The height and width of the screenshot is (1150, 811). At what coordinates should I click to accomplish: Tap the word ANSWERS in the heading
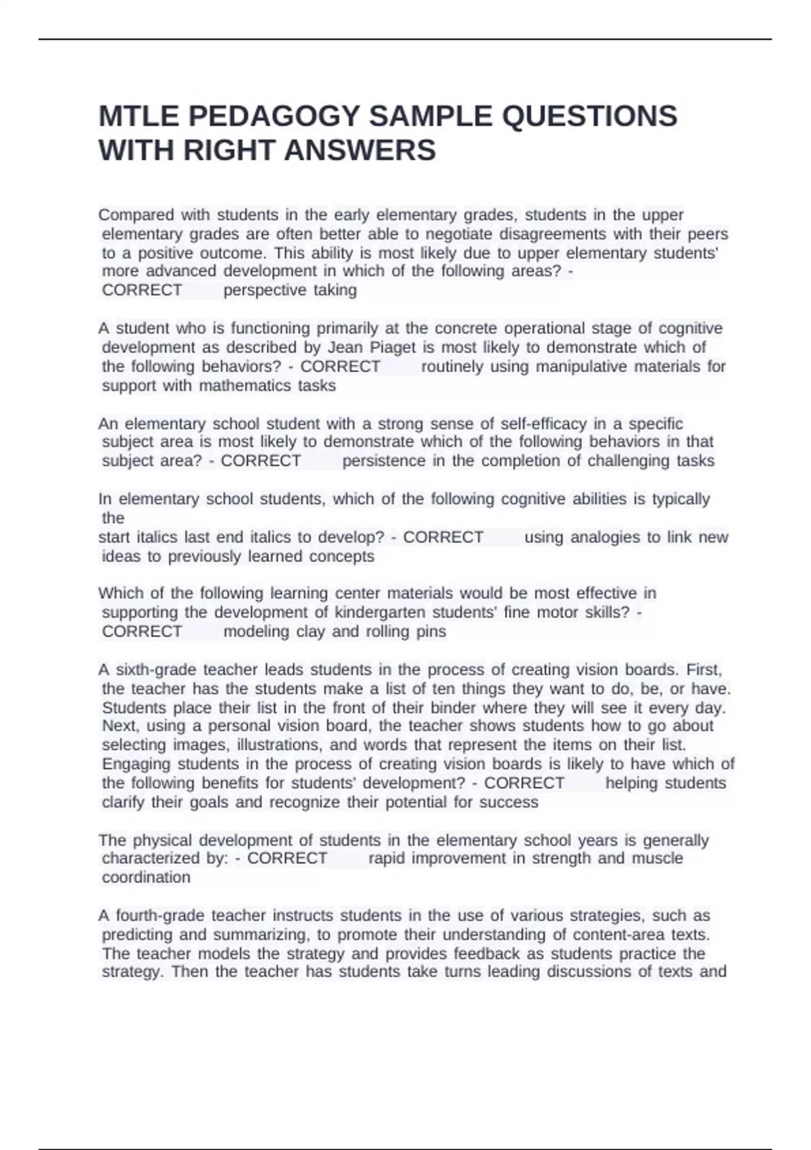[x=360, y=150]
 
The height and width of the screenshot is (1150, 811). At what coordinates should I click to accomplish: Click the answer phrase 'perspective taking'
[x=290, y=290]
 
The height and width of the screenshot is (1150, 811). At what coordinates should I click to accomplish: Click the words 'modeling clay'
[x=265, y=632]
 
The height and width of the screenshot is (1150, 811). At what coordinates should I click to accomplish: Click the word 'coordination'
[x=146, y=877]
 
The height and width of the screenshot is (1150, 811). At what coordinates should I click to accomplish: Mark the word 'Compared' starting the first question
[x=136, y=215]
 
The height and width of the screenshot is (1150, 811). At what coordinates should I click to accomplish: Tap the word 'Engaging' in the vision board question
[x=137, y=764]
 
